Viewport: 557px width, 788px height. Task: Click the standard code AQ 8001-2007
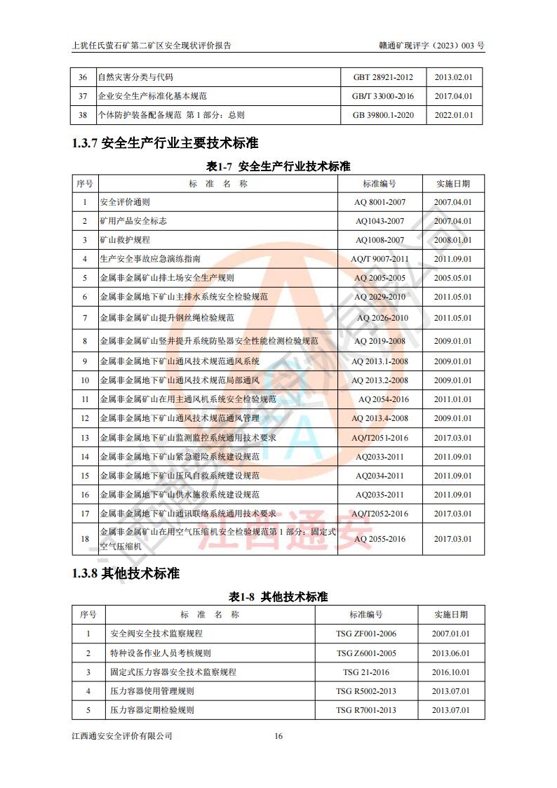tap(380, 202)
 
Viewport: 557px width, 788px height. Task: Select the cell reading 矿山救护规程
tap(124, 240)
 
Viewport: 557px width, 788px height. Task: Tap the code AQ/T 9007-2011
tap(380, 259)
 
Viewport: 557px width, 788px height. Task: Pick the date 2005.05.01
tap(452, 278)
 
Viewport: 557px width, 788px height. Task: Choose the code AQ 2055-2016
tap(380, 539)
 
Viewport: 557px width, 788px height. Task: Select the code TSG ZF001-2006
tap(365, 634)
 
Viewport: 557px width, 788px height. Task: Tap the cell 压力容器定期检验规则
tap(152, 710)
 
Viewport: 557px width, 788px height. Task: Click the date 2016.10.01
tap(450, 672)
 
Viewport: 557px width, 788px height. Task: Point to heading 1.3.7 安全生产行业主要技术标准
tap(165, 144)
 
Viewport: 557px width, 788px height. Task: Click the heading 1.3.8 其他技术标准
tap(126, 574)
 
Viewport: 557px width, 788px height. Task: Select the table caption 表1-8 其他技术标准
tap(278, 597)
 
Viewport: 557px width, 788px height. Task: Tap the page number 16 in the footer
tap(278, 736)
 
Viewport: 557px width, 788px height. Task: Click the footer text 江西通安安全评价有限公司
tap(122, 736)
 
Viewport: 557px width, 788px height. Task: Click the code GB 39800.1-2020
tap(383, 115)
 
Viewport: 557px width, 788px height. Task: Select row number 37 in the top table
tap(83, 96)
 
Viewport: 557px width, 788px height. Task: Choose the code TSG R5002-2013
tap(365, 691)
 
